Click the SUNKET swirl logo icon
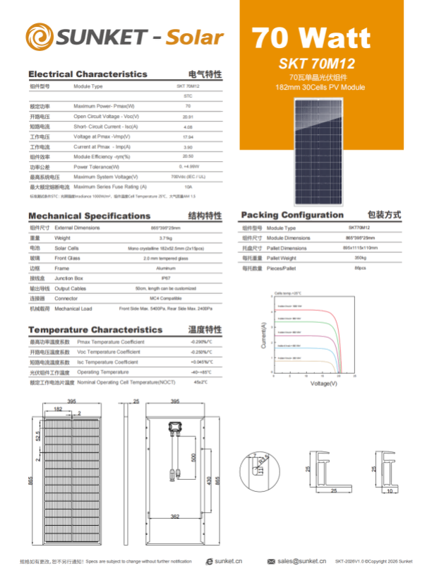[40, 36]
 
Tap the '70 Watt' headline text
[311, 36]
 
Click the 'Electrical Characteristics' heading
[88, 73]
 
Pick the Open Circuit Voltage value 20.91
[188, 116]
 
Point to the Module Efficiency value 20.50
[188, 156]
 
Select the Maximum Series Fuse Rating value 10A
[188, 187]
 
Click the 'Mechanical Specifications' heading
[89, 216]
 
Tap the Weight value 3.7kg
[166, 239]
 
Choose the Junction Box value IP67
[166, 278]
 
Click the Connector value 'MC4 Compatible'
[166, 298]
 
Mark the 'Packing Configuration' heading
[292, 215]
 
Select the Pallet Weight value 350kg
[360, 259]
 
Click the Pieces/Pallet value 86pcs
[360, 269]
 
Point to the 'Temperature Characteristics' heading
[95, 329]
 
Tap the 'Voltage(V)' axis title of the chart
[323, 384]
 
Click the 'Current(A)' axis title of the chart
[263, 336]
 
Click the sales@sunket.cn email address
[301, 560]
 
